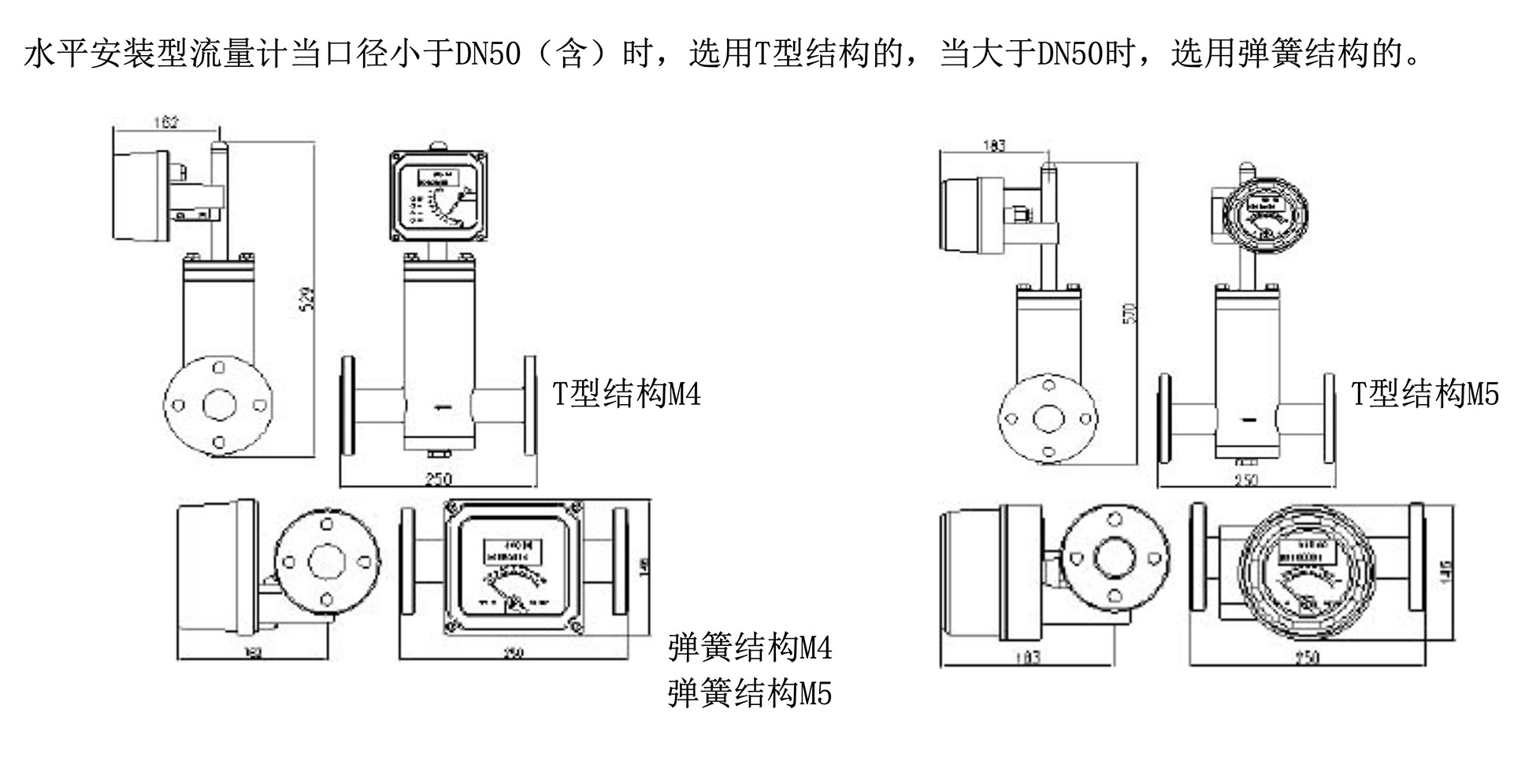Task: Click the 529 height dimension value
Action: (310, 297)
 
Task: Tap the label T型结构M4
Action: (626, 393)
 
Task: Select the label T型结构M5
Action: (1425, 393)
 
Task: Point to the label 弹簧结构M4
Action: (749, 648)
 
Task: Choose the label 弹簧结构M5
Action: (749, 693)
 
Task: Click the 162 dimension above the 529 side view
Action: (166, 122)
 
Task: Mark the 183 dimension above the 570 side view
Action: (994, 146)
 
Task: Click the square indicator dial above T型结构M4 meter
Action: (438, 195)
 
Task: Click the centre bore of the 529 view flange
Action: (219, 406)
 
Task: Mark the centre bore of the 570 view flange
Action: (1048, 418)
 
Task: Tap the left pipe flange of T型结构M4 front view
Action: (347, 405)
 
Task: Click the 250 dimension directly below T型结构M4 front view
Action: (438, 479)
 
